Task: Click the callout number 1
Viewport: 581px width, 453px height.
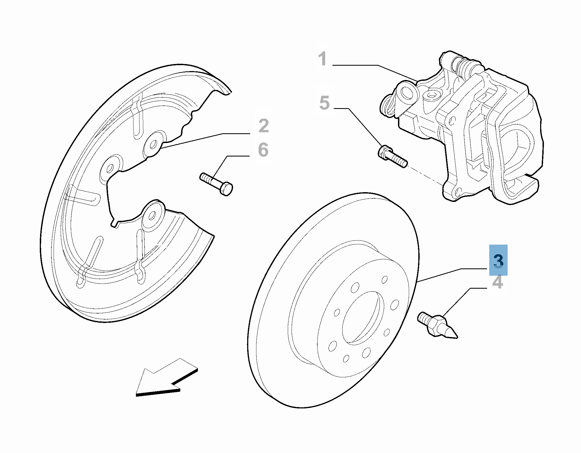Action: [322, 59]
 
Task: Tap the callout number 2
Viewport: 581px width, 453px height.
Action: [264, 126]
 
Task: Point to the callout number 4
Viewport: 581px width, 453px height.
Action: [498, 282]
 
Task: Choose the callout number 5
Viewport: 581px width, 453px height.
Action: [324, 103]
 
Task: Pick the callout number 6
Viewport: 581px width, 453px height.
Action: [263, 150]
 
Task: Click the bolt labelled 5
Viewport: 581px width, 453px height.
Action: [392, 157]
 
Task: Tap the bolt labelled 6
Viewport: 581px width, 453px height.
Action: [216, 184]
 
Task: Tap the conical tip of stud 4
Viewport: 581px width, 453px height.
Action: [451, 334]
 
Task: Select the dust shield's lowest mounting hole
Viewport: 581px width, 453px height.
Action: [152, 215]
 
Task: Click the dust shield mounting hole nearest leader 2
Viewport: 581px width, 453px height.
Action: [153, 144]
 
